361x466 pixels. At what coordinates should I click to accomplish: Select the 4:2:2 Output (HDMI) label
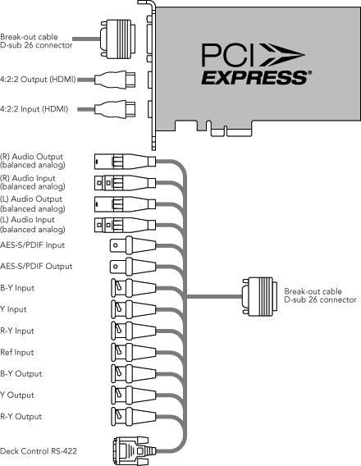tap(38, 80)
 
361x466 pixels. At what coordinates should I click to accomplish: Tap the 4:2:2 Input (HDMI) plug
tap(115, 109)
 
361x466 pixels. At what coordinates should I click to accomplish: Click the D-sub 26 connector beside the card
tap(117, 39)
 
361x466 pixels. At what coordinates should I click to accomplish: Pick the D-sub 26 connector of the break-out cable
tap(260, 296)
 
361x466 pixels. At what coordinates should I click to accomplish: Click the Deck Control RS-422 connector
tap(135, 451)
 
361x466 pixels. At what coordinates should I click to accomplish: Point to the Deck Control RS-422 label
tap(39, 451)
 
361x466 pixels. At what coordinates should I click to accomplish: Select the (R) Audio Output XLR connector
tap(125, 162)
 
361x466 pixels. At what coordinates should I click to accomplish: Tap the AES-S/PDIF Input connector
tap(133, 245)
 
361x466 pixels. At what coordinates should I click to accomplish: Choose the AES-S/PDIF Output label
tap(36, 266)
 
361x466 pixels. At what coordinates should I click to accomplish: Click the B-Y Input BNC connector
tap(134, 288)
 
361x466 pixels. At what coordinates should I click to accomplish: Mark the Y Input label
tap(13, 309)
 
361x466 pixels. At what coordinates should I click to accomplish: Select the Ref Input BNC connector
tap(134, 352)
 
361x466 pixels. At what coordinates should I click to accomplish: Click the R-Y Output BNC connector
tap(134, 417)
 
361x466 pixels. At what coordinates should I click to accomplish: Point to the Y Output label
tap(17, 395)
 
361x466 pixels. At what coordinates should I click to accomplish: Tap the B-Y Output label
tap(21, 373)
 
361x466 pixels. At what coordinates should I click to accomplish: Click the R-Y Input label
tap(17, 331)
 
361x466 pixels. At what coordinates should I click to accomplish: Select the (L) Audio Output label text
tap(33, 203)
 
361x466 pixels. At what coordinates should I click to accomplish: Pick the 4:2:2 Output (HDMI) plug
tap(115, 79)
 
